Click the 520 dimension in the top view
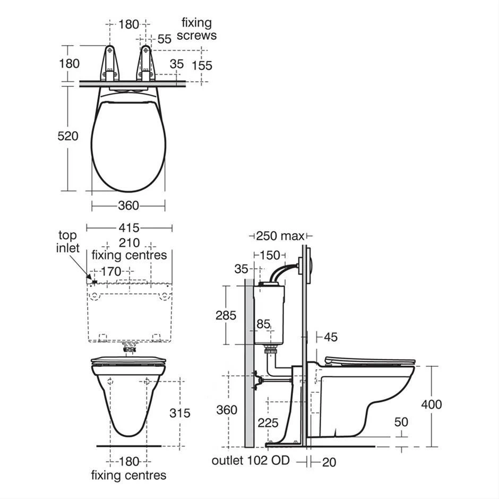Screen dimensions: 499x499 coord(68,136)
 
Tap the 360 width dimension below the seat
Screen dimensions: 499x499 coord(128,205)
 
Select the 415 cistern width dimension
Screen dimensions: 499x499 coord(129,228)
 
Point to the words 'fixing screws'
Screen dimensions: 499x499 coord(196,29)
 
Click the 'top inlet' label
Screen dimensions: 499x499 coord(67,242)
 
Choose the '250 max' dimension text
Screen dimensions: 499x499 coord(280,236)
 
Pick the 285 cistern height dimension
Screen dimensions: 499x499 coord(226,315)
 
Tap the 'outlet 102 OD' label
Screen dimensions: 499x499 coord(251,460)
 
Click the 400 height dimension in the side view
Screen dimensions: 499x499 coord(432,405)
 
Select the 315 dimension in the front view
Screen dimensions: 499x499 coord(180,413)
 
